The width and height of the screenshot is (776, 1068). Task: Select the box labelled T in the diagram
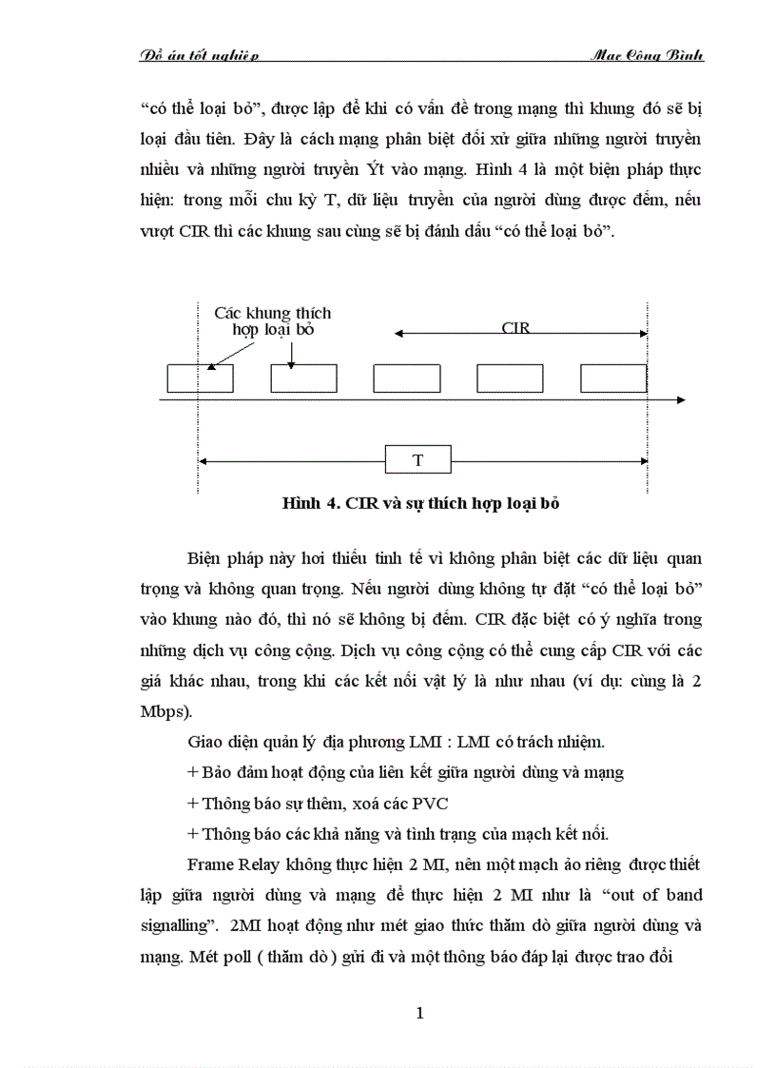pos(417,460)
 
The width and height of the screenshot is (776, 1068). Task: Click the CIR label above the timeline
pos(515,327)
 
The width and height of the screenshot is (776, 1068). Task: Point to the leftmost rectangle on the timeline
pos(200,378)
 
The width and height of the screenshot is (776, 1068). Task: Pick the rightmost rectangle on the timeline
pos(613,378)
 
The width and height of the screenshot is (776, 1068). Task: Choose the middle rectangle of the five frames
pos(406,378)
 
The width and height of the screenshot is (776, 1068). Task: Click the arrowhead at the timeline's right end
pos(680,401)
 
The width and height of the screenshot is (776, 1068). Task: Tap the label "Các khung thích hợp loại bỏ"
pos(273,320)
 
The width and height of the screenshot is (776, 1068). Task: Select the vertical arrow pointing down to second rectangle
pos(291,352)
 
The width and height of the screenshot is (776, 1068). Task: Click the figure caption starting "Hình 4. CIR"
pos(420,503)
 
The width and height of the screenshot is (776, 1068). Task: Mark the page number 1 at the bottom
pos(419,1012)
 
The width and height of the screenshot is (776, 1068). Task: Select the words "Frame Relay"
pos(226,865)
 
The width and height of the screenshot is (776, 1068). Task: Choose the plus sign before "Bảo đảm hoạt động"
pos(193,771)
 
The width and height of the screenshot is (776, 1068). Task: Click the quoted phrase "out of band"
pos(650,895)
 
